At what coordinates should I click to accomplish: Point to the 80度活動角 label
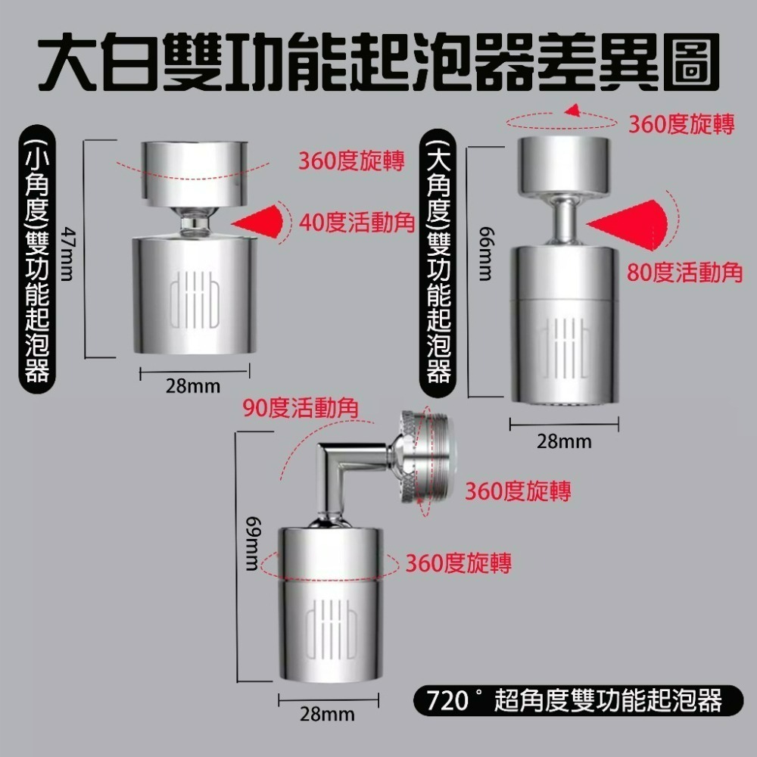point(685,273)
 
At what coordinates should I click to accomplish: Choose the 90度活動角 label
point(301,409)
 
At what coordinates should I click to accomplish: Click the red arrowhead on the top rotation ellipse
point(575,111)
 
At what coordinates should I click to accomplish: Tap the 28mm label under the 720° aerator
point(327,714)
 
